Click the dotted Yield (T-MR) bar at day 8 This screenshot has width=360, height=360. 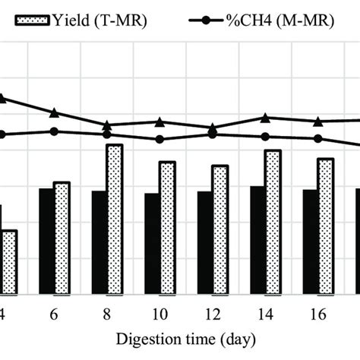[115, 219]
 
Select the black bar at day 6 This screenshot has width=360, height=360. [46, 241]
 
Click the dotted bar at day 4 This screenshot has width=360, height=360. [9, 262]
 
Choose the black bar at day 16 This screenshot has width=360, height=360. [311, 242]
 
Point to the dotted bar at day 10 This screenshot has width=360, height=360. [167, 228]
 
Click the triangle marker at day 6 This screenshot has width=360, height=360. [54, 113]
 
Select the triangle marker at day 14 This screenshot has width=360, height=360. [265, 118]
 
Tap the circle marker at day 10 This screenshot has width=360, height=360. [159, 139]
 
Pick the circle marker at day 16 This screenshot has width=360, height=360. [318, 138]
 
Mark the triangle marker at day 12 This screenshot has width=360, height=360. [213, 128]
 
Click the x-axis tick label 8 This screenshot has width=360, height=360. [107, 314]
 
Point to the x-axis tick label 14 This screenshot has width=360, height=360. [265, 314]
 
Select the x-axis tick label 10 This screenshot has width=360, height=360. [159, 314]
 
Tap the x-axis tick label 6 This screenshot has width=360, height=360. [54, 314]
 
